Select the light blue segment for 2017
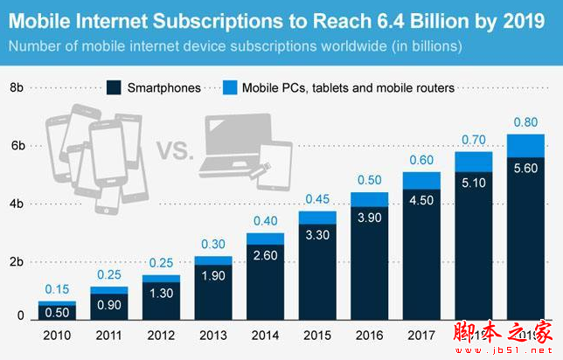point(421,180)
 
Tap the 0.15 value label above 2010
point(56,289)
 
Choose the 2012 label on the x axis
point(161,335)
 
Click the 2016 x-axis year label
point(369,335)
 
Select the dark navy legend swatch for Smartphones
point(114,87)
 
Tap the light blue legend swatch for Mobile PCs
point(230,87)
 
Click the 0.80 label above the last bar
point(525,122)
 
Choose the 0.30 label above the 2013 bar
point(212,245)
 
